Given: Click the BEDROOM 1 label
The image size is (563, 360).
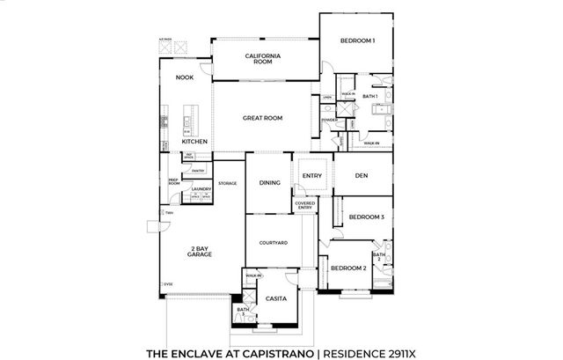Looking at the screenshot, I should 358,40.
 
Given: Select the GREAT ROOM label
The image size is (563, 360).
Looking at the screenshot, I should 262,118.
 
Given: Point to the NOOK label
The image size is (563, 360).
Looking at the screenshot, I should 184,77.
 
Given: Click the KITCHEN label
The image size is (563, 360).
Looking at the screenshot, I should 194,141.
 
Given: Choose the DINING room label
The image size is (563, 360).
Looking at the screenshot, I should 269,182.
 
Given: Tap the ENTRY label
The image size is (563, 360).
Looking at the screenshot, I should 312,175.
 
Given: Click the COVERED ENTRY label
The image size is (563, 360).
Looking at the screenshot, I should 304,205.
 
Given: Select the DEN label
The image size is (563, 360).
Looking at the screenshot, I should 361,175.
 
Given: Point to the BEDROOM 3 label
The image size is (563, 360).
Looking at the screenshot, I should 366,217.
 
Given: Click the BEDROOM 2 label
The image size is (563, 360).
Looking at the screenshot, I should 348,266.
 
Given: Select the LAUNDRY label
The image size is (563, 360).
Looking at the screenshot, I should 201,189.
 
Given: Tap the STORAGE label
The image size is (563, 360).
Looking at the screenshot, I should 228,183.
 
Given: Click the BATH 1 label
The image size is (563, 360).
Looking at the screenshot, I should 370,96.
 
